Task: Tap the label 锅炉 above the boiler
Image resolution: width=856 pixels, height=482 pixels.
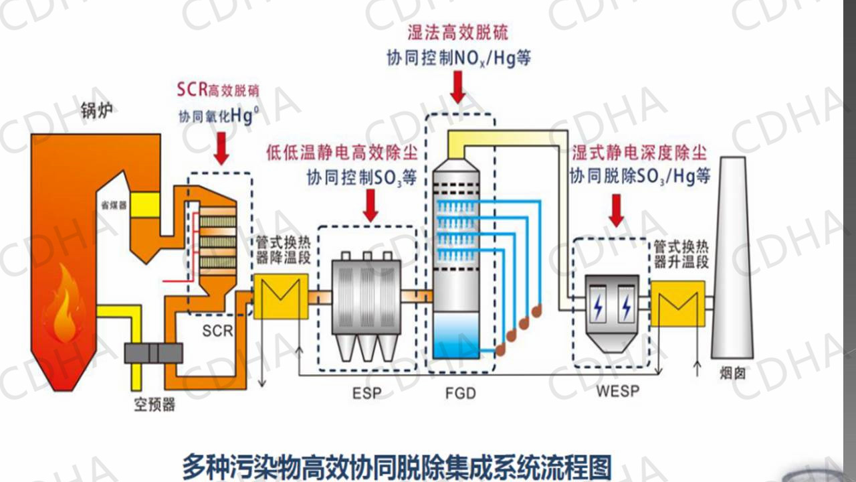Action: pos(95,109)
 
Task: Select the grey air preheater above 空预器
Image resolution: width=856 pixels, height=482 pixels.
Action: pos(153,353)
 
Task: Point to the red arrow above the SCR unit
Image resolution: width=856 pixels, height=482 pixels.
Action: pos(221,148)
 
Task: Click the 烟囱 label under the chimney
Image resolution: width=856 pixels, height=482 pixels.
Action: pos(732,373)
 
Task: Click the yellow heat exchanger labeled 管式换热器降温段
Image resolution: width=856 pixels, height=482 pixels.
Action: pos(280,296)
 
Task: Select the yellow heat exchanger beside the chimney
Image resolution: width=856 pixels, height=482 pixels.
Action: pos(677,303)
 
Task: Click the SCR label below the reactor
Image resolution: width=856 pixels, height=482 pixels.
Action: pos(218,331)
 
